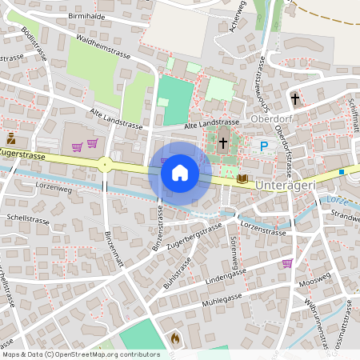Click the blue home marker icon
tap(180, 173)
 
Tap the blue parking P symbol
tap(263, 146)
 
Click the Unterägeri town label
tap(295, 185)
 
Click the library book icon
tap(242, 178)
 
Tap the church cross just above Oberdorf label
tap(295, 99)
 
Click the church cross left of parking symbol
tap(223, 144)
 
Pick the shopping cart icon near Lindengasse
tap(287, 262)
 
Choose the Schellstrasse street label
tap(23, 217)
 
